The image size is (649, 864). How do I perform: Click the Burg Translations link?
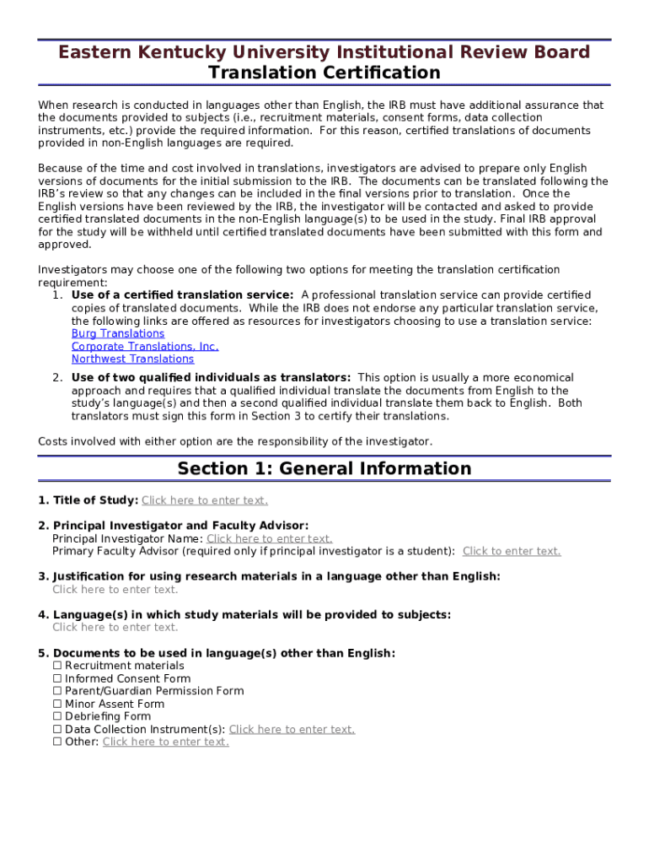point(118,333)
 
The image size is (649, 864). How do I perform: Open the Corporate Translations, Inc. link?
point(145,346)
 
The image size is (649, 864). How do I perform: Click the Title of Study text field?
point(205,500)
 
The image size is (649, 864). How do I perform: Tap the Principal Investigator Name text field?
point(270,538)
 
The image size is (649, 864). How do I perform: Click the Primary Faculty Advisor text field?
point(512,551)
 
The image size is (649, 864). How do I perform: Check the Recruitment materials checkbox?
point(57,666)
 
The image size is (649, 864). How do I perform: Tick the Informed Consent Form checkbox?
point(57,678)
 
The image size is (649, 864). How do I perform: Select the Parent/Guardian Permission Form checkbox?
point(57,691)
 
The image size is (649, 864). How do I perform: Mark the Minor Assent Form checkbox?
point(57,704)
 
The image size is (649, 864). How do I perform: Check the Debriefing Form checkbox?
point(57,716)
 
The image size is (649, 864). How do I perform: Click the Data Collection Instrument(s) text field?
point(292,729)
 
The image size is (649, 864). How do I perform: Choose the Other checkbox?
point(57,742)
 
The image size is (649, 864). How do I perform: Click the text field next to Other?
point(165,742)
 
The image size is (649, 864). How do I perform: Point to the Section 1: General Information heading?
point(324,468)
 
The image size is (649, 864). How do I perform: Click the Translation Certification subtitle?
point(324,73)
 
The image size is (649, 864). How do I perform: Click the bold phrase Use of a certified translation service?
point(182,294)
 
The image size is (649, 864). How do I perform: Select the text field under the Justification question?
point(115,589)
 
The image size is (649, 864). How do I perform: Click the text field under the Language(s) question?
point(115,627)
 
